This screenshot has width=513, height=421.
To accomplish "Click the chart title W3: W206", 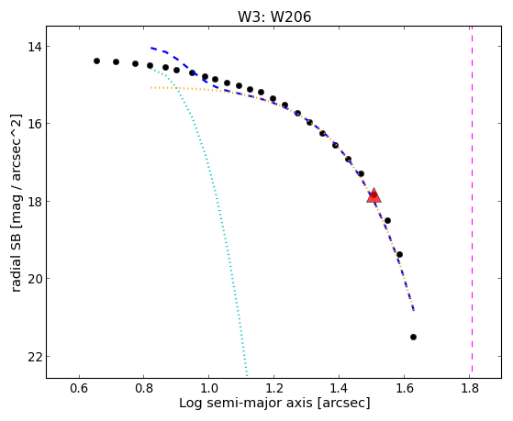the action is point(274,17).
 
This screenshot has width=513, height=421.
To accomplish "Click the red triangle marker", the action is point(374,195).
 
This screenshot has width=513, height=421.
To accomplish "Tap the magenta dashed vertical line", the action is point(472,199).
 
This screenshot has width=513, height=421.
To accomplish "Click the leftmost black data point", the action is point(96,61).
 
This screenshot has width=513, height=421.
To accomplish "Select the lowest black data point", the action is point(413,337).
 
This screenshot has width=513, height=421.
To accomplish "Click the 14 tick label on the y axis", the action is point(35,47).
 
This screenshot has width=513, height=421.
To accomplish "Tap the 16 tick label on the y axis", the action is point(35,124).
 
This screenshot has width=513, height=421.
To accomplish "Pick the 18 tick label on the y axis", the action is point(35,201).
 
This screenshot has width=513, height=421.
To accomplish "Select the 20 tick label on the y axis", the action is point(35,279).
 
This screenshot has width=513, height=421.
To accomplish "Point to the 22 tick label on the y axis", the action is point(35,356).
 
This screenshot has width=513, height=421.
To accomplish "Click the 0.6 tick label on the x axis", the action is point(79,388).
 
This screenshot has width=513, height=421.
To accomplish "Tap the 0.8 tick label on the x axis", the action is point(144,388).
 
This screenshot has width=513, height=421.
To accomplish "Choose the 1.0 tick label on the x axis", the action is point(208,388).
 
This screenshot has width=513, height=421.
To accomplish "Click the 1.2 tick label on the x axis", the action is point(273,388).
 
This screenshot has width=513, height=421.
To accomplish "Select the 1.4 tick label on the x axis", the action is point(339,388).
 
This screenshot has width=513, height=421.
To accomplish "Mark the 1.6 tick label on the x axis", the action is point(404,388).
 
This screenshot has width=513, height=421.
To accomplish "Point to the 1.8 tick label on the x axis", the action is point(469,388).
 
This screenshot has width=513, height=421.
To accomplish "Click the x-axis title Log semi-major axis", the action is point(245,404).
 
